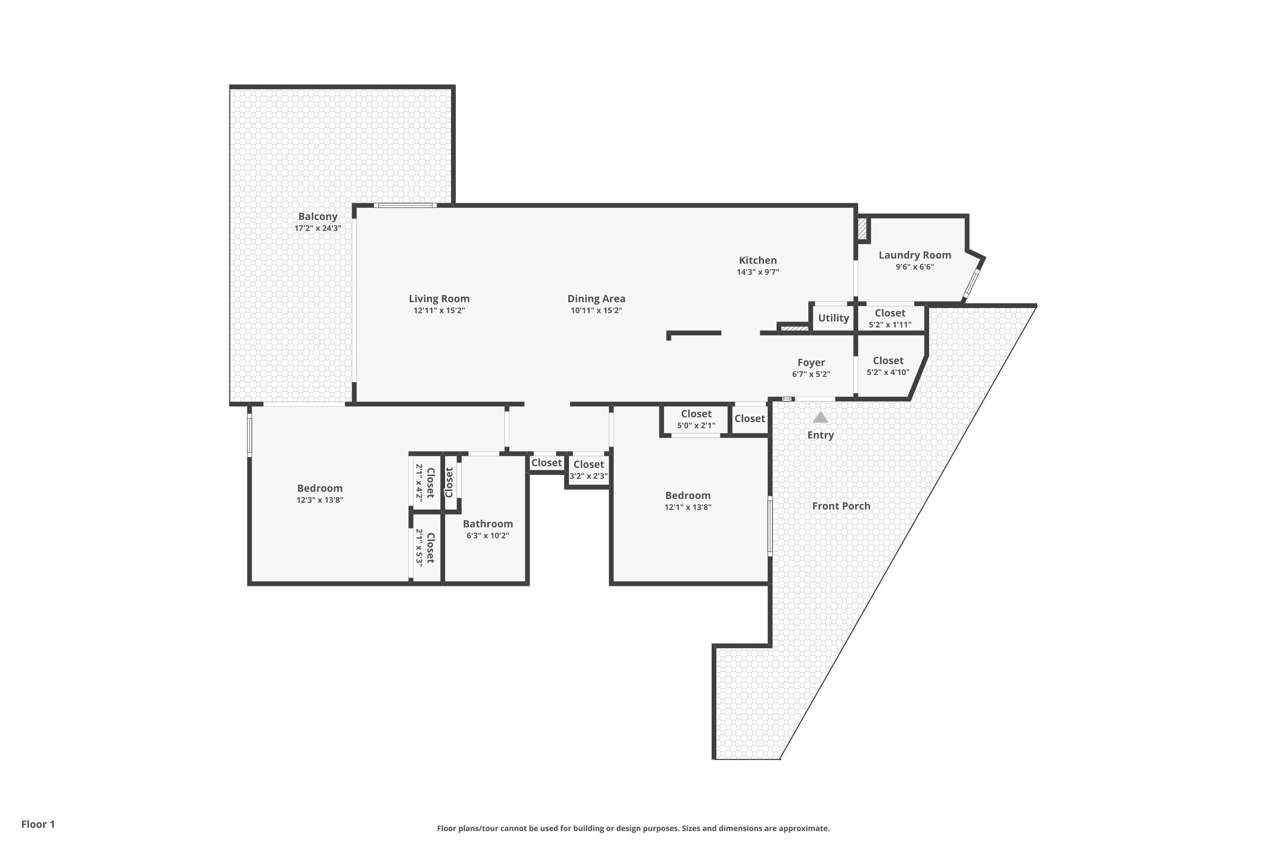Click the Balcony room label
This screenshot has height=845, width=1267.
(x=318, y=217)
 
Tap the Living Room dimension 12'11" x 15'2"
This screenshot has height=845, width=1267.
(x=439, y=311)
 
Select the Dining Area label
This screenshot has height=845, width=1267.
(x=596, y=299)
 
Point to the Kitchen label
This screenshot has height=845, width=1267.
(x=758, y=260)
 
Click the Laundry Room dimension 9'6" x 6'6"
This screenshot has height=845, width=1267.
(x=915, y=267)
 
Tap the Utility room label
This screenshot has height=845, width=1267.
(x=833, y=318)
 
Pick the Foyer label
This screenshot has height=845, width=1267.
(x=811, y=363)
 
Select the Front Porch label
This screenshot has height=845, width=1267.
(x=841, y=506)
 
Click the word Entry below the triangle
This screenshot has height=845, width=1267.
(x=821, y=435)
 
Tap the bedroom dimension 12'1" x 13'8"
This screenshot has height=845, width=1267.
(x=688, y=507)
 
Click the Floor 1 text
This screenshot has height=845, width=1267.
(x=38, y=824)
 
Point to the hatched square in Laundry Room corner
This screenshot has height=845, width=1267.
(x=862, y=229)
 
